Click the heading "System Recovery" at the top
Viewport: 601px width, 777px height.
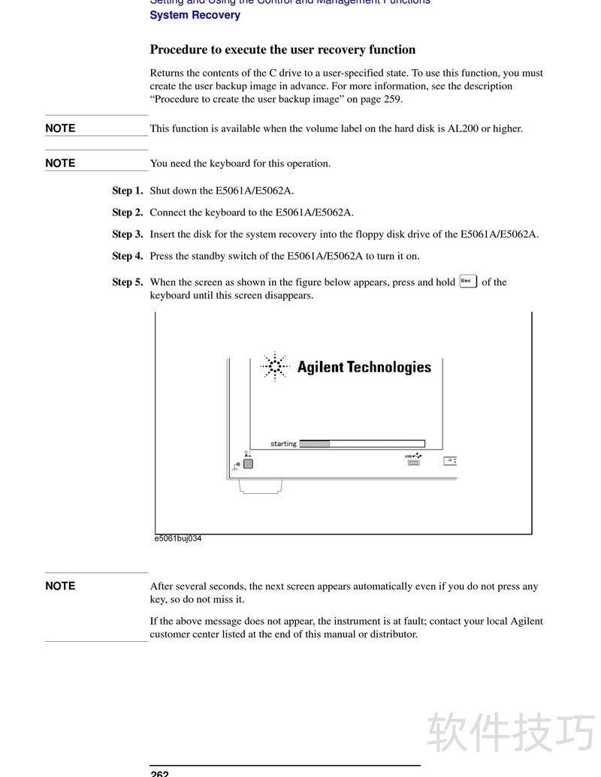click(195, 15)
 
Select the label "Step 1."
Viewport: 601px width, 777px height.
click(127, 191)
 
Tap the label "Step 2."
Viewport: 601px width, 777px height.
click(127, 212)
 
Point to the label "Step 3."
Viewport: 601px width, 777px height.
click(127, 234)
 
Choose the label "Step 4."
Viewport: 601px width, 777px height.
click(127, 256)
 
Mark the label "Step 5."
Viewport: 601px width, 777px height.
click(127, 282)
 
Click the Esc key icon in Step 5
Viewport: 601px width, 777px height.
click(467, 282)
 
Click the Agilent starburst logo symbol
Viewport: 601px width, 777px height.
click(276, 366)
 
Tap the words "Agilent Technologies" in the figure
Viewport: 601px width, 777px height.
click(364, 367)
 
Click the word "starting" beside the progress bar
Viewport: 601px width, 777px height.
click(283, 444)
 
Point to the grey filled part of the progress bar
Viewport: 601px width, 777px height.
click(315, 444)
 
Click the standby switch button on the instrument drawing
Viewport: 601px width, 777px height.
click(249, 463)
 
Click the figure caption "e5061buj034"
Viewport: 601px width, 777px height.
click(178, 538)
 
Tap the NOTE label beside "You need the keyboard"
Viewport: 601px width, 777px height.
click(60, 163)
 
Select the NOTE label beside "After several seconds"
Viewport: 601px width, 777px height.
click(60, 586)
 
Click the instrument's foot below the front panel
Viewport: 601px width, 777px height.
click(260, 486)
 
